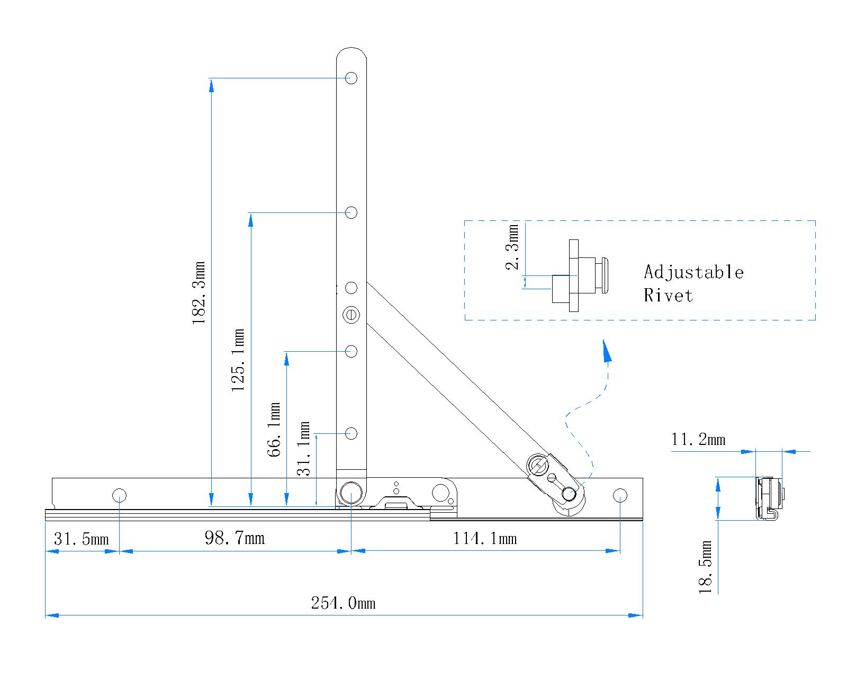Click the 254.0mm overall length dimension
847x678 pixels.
click(x=343, y=603)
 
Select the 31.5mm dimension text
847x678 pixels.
click(x=81, y=539)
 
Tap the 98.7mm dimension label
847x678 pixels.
click(x=235, y=538)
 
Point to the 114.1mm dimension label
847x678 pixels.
click(x=485, y=539)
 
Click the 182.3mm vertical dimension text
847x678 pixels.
click(x=199, y=293)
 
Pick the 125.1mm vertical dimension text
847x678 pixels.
click(x=238, y=360)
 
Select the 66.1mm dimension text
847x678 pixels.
click(x=274, y=430)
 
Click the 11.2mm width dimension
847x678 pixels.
click(x=698, y=440)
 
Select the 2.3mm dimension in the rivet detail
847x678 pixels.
click(x=512, y=247)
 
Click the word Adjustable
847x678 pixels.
click(x=693, y=272)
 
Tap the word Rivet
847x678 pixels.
click(x=668, y=295)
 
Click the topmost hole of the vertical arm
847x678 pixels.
click(x=352, y=78)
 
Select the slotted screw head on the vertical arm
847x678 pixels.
click(x=352, y=315)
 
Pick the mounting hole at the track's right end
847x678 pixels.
click(x=620, y=496)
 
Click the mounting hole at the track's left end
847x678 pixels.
click(x=119, y=496)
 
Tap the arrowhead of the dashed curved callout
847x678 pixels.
click(x=607, y=352)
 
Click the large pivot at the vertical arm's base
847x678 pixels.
click(x=350, y=492)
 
